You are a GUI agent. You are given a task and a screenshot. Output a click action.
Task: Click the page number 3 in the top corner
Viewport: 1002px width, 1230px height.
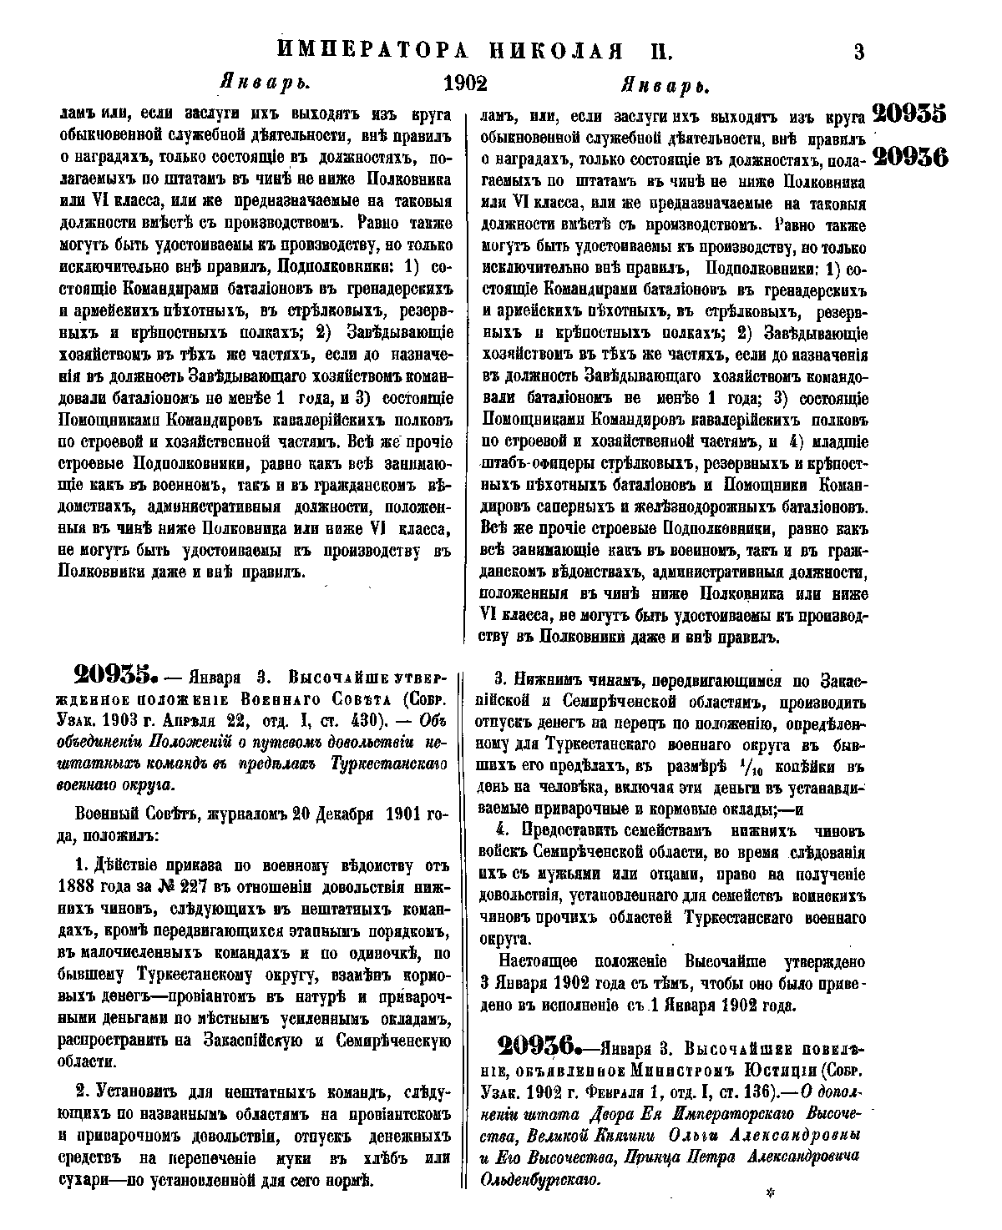[858, 53]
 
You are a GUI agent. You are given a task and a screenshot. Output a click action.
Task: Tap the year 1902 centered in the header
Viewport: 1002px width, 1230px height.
[465, 83]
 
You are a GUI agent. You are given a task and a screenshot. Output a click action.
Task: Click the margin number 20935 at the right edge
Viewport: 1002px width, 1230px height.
[908, 113]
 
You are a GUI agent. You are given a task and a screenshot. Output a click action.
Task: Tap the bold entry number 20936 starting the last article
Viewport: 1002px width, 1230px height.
[538, 1045]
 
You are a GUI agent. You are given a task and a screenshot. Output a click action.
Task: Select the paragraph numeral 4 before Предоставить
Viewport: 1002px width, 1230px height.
[502, 829]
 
